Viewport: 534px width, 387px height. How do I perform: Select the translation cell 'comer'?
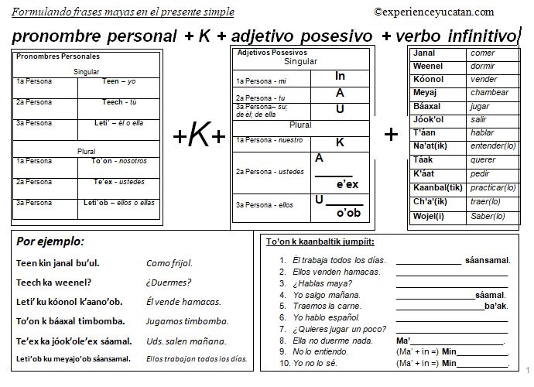pyautogui.click(x=482, y=53)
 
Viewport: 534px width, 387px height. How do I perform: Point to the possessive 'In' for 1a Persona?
pyautogui.click(x=341, y=77)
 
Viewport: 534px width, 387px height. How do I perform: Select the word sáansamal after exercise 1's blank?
pyautogui.click(x=488, y=261)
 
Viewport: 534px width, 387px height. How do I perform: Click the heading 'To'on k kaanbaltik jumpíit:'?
pyautogui.click(x=317, y=241)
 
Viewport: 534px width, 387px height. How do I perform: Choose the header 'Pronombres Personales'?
pyautogui.click(x=58, y=57)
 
